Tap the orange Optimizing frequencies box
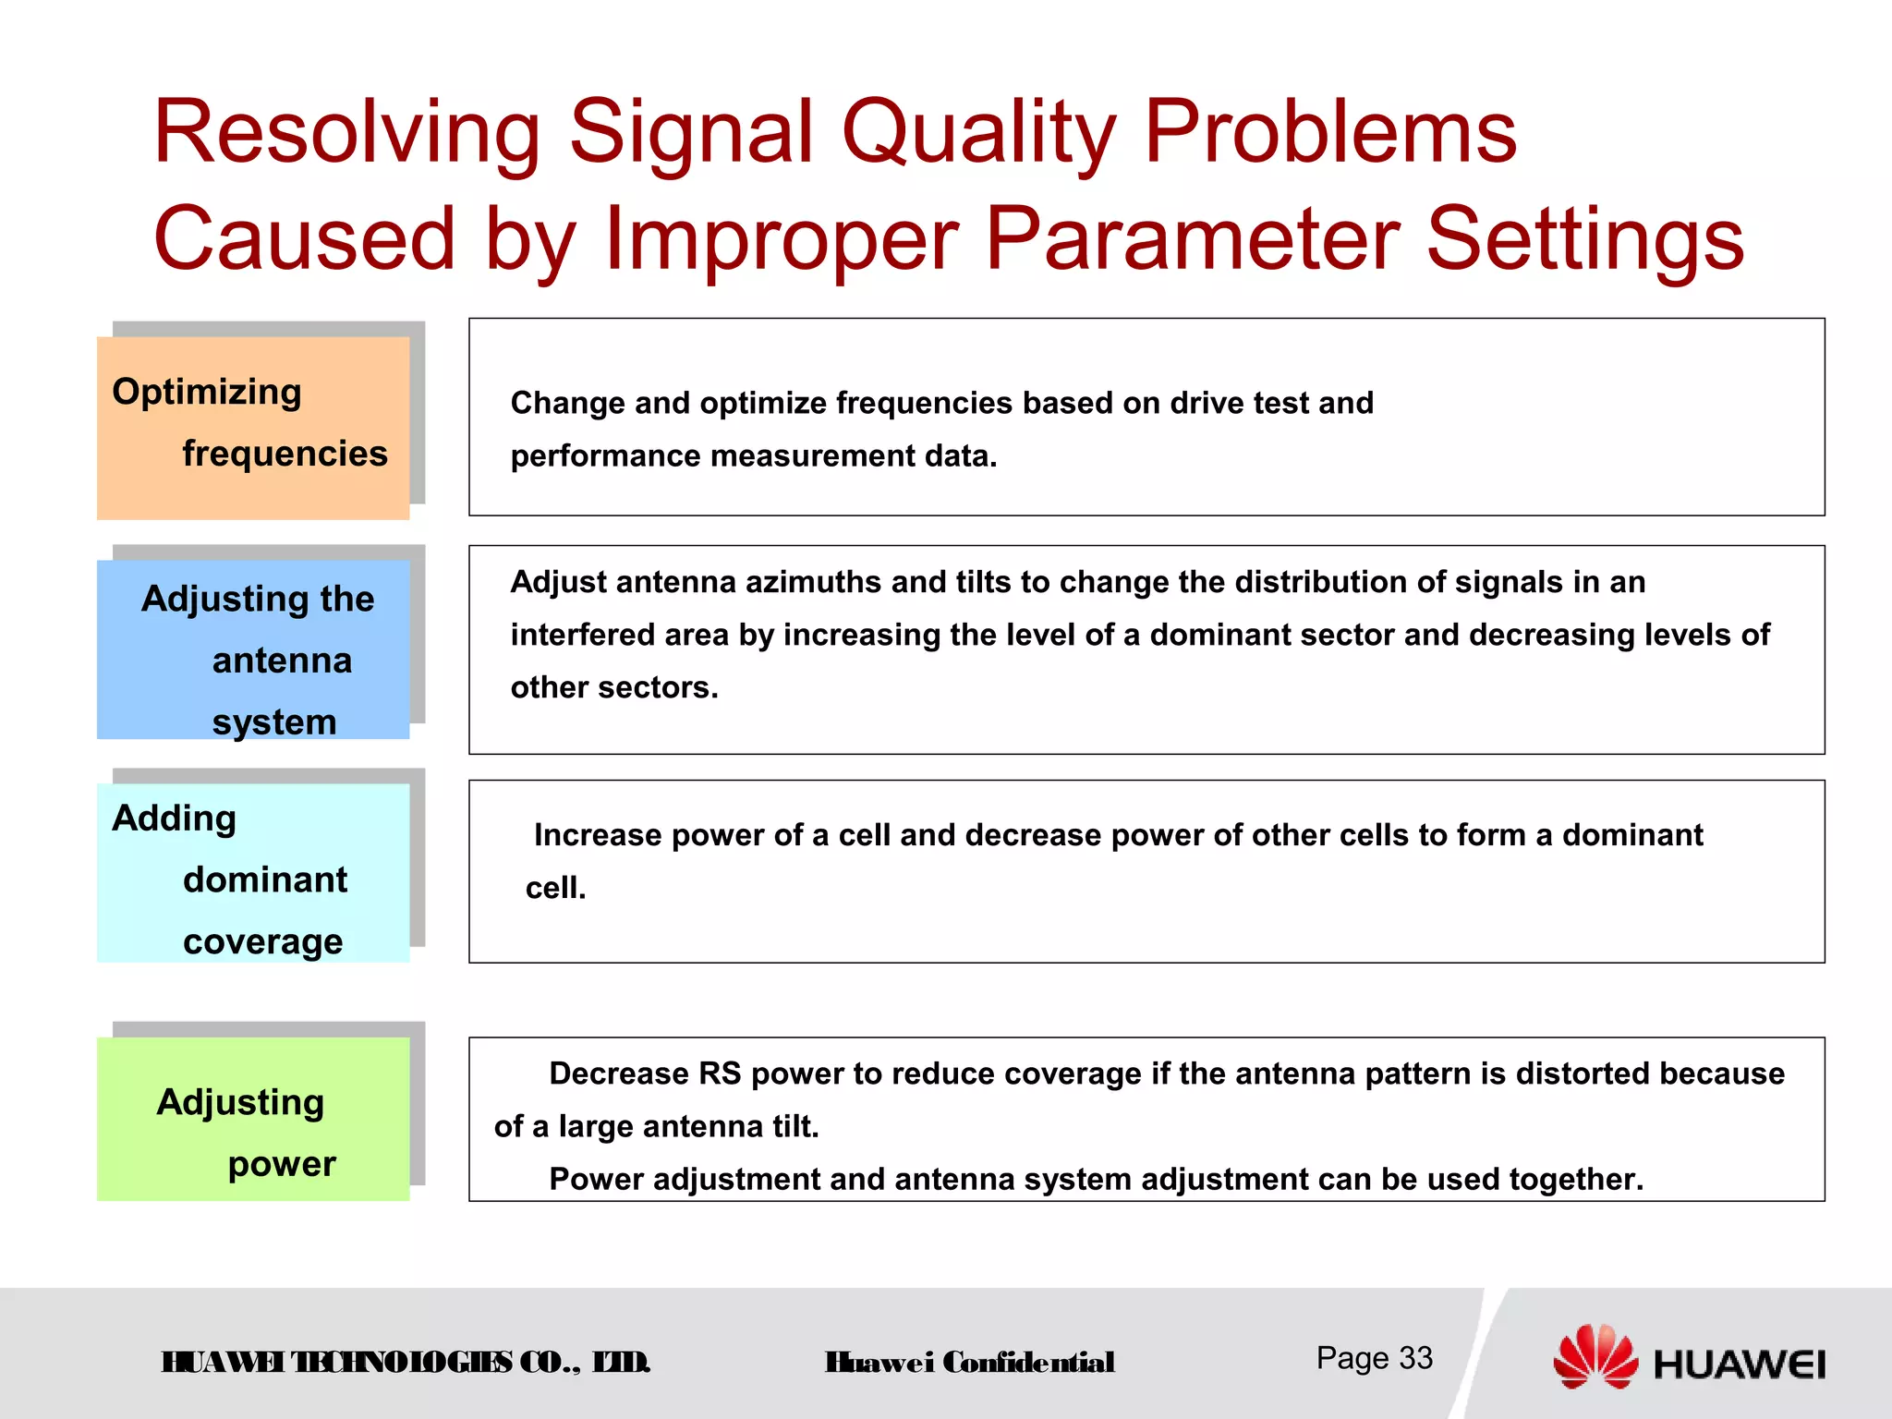click(x=252, y=426)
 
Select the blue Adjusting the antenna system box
click(x=252, y=649)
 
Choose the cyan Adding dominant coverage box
click(x=252, y=873)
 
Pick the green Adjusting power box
click(x=252, y=1118)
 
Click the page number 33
click(x=1415, y=1358)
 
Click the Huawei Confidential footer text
click(x=969, y=1363)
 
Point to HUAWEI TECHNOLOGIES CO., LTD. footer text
click(x=406, y=1363)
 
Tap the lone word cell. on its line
click(x=555, y=888)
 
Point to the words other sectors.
click(x=613, y=687)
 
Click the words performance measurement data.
click(x=753, y=455)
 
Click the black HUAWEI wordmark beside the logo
click(x=1739, y=1364)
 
